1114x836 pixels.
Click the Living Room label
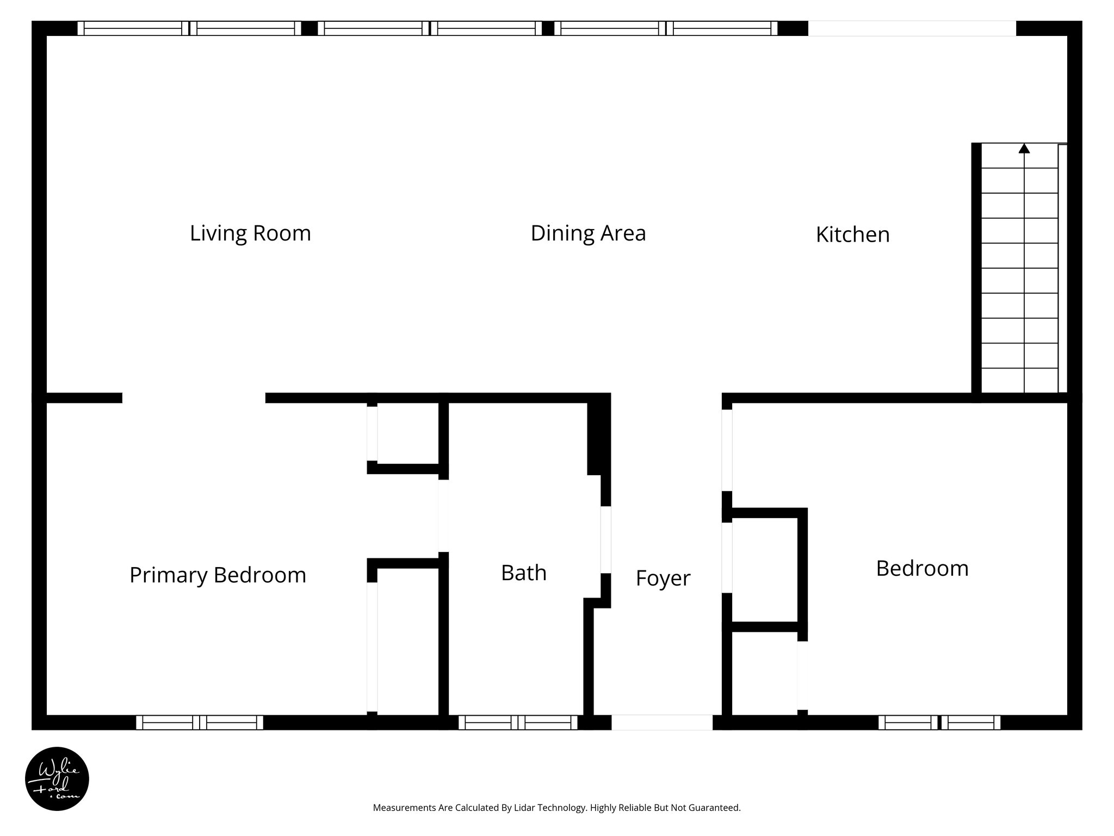click(250, 233)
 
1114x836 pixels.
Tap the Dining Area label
click(588, 233)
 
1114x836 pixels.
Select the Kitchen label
click(852, 235)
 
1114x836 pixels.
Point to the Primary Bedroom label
click(218, 575)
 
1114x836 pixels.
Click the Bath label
click(523, 573)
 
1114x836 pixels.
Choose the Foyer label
click(663, 578)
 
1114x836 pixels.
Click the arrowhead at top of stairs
click(1024, 148)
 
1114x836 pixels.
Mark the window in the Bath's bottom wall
click(518, 722)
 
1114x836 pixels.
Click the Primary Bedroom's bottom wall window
click(200, 722)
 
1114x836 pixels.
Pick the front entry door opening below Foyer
click(662, 722)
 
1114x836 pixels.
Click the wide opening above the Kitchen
click(912, 28)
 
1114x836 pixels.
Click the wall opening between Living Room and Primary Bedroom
click(194, 398)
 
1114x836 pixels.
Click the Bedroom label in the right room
click(922, 568)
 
